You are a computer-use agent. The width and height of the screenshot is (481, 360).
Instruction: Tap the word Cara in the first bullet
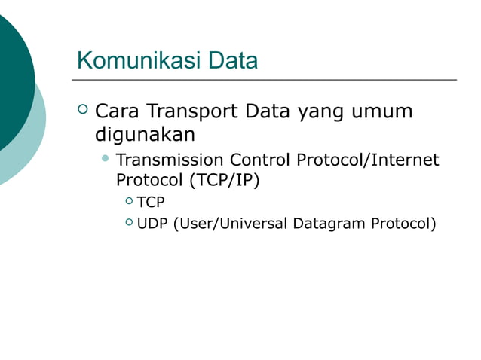click(x=117, y=111)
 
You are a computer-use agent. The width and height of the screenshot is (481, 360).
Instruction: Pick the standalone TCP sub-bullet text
click(x=151, y=202)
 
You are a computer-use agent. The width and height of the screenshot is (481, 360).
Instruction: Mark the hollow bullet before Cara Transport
click(x=83, y=112)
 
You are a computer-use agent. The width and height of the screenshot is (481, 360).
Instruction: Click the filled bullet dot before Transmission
click(x=106, y=160)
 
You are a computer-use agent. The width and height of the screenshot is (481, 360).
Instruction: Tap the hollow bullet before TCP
click(x=128, y=201)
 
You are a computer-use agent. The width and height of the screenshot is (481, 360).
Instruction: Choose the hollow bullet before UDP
click(x=128, y=223)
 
